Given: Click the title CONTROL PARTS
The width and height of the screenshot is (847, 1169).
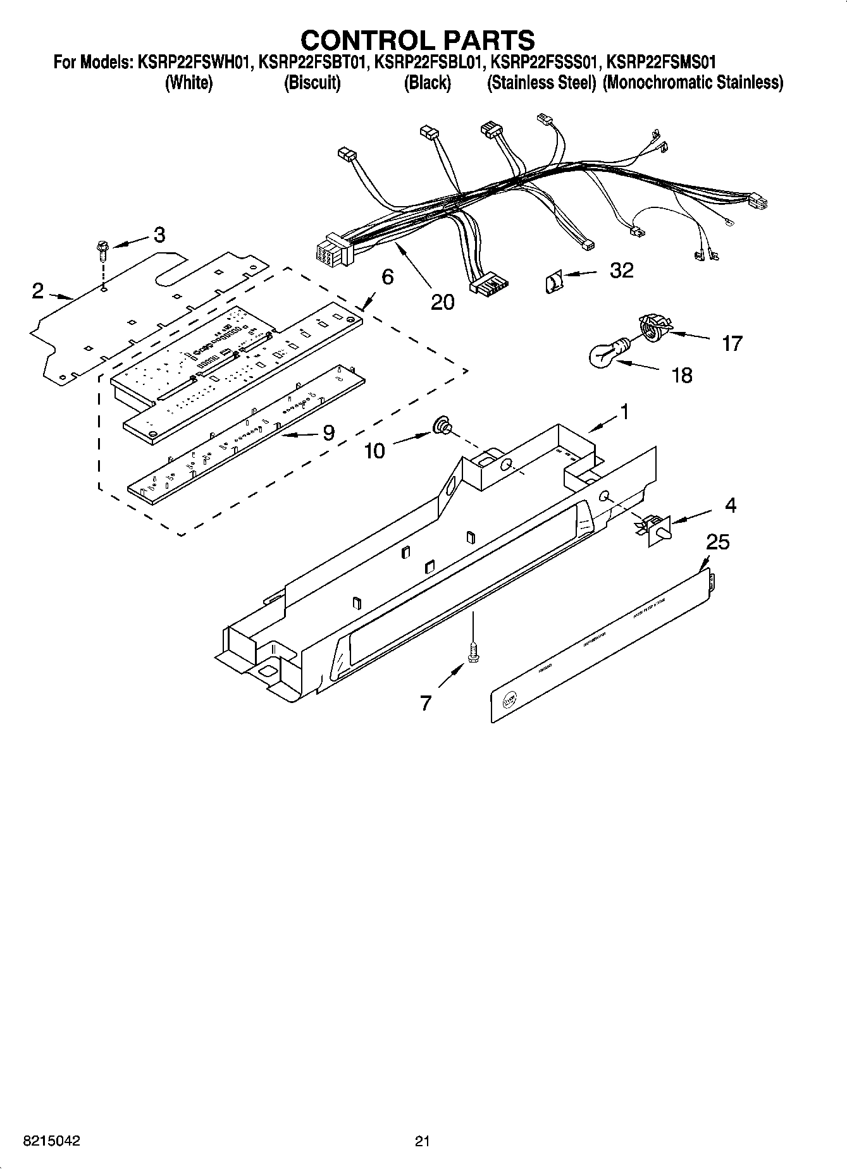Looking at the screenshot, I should pos(417,40).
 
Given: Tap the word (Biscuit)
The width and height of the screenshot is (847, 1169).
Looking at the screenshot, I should pos(312,83).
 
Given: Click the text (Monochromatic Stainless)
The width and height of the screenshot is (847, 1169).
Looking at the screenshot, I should pos(693,83).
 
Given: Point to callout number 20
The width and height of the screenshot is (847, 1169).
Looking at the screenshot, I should pos(442,302).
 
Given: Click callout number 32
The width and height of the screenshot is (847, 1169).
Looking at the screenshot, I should pos(621,271).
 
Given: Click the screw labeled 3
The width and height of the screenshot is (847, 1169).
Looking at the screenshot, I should pos(102,250).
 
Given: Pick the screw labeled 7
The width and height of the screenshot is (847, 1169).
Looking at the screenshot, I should pos(472,652).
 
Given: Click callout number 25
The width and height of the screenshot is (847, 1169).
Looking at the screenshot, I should pos(718,542).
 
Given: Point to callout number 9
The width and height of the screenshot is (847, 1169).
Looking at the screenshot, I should pos(328,433).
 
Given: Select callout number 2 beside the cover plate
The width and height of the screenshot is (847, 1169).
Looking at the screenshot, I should pos(38,291).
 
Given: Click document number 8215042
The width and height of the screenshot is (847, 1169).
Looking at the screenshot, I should pos(51,1141).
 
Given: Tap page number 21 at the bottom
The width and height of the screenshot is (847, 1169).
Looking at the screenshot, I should pos(423,1141).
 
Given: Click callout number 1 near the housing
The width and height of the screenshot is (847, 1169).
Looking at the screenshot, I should pos(624,412).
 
